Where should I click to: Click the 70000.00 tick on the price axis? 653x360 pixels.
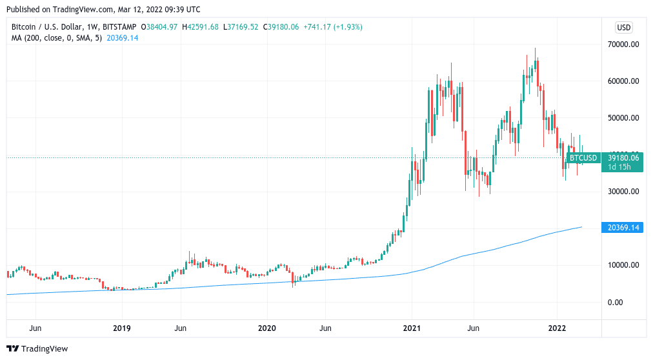(x=623, y=45)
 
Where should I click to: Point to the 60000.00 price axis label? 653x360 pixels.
(x=623, y=81)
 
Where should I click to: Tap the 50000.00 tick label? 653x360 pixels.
(x=623, y=118)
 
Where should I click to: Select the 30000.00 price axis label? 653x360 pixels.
(x=623, y=192)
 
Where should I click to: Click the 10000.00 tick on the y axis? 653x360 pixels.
(x=623, y=265)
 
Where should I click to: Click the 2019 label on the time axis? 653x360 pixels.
(x=122, y=328)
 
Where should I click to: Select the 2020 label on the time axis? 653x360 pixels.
(x=267, y=328)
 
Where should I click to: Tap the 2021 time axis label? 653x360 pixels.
(x=412, y=328)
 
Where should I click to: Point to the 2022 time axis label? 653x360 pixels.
(x=558, y=328)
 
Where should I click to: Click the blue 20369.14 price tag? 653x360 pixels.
(x=623, y=228)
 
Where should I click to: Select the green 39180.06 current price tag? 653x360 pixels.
(x=623, y=157)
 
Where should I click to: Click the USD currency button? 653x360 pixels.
(x=624, y=27)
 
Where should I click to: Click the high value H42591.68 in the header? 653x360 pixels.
(x=201, y=27)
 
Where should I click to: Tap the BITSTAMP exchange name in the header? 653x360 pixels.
(x=121, y=27)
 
